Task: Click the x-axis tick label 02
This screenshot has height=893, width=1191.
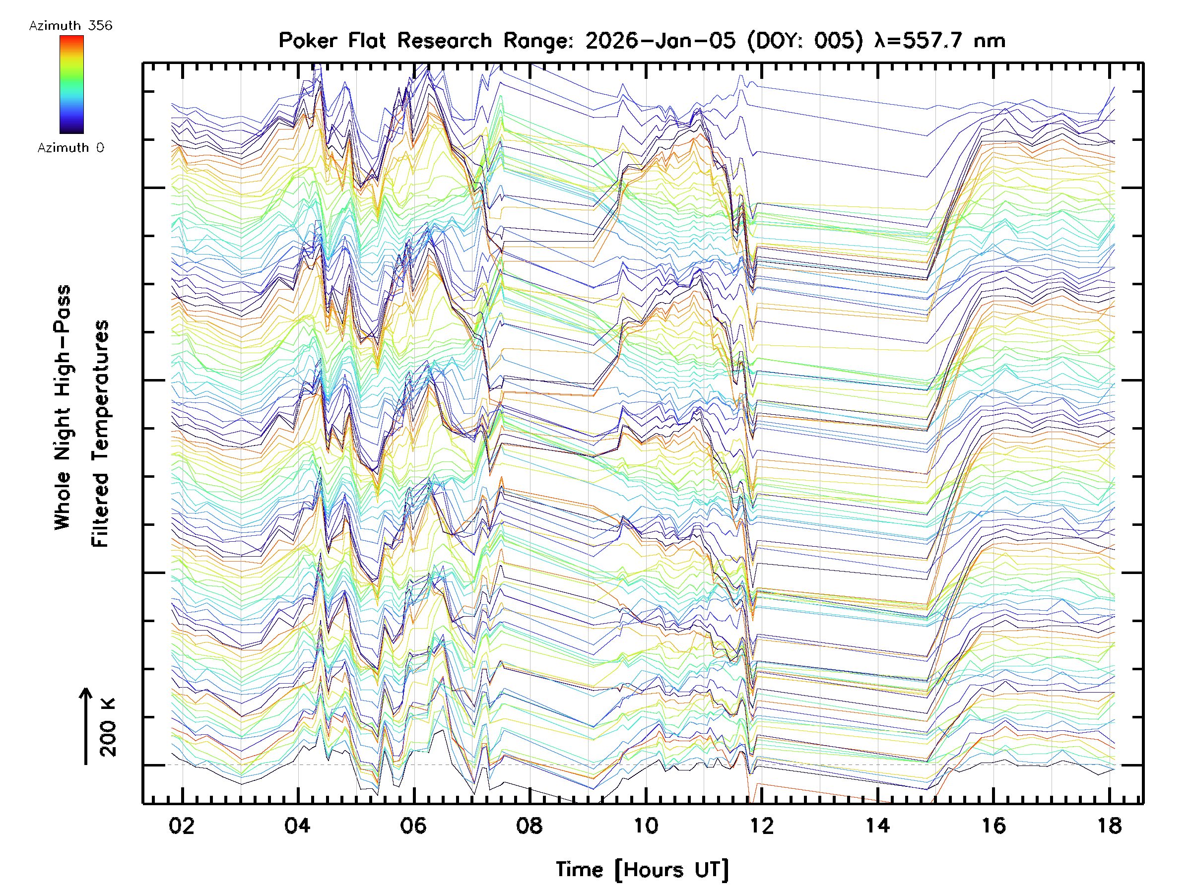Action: click(182, 826)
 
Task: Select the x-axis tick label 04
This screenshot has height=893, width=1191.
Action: click(297, 826)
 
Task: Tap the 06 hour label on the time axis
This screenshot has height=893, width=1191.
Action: click(413, 826)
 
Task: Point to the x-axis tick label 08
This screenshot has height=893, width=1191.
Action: click(529, 826)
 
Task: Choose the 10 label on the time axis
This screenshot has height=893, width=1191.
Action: click(645, 826)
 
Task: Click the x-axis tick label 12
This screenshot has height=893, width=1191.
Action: click(761, 826)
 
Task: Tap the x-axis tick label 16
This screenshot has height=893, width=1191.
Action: click(993, 826)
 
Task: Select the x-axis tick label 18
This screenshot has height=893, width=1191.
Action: click(1109, 826)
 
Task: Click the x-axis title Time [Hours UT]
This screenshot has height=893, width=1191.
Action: click(642, 870)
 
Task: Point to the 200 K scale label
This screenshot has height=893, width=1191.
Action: click(108, 727)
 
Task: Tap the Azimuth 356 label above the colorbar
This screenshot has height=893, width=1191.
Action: click(70, 26)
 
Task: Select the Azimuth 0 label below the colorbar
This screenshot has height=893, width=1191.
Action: click(70, 147)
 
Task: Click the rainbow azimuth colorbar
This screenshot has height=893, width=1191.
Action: click(71, 84)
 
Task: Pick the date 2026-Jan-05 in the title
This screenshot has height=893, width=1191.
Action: click(660, 41)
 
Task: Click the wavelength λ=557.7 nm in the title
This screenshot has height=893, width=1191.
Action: click(939, 41)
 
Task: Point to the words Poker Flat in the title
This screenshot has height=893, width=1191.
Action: click(332, 41)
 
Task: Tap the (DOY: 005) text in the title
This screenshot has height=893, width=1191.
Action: click(805, 41)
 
